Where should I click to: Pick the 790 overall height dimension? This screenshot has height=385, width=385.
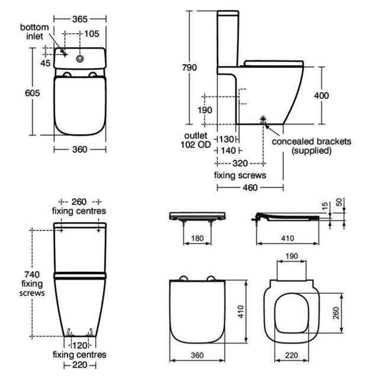(189, 68)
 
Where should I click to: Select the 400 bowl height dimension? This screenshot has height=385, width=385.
(338, 95)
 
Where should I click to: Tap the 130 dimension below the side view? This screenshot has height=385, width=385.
(227, 139)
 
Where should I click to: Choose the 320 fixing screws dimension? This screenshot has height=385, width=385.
(240, 163)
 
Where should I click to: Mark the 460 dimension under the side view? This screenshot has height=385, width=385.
(250, 188)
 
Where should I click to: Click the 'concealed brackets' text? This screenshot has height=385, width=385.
(312, 142)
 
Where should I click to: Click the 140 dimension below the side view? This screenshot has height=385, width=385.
(227, 150)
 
